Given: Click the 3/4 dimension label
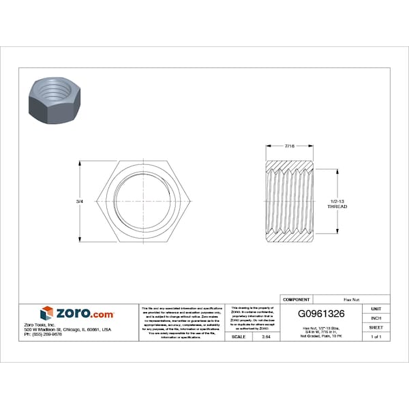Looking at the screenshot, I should (80, 202).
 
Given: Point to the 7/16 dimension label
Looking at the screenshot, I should (290, 146).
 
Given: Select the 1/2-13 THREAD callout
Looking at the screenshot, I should (337, 204).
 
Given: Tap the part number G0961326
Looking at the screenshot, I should (322, 314).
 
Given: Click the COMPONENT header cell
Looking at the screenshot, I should (296, 299).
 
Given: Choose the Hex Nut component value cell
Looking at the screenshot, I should (351, 299).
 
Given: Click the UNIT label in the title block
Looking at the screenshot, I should (376, 309).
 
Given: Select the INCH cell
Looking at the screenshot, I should (376, 318).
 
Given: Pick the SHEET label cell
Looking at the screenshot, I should (376, 327).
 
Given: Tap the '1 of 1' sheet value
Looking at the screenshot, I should (376, 337).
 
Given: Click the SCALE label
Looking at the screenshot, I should (239, 337).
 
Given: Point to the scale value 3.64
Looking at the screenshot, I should (266, 337).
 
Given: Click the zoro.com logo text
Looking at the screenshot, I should (85, 313).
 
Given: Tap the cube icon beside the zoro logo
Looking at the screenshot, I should (46, 314).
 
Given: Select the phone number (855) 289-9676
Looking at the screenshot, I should (42, 335).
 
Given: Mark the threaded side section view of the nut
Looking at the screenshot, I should (289, 202).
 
